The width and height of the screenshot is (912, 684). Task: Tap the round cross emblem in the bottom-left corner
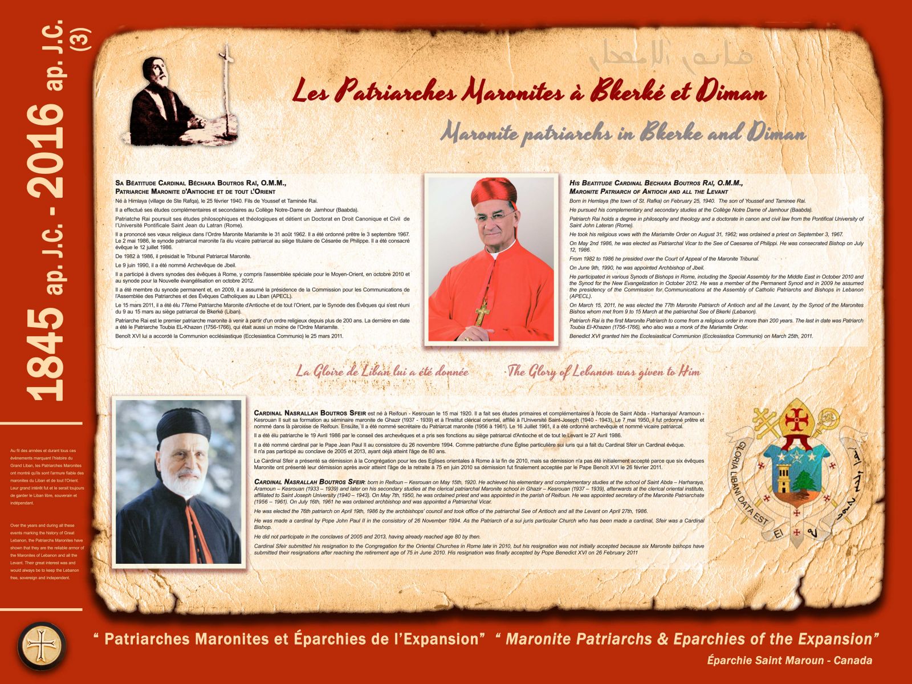tap(42, 645)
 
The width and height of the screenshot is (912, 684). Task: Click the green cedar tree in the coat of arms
tap(805, 483)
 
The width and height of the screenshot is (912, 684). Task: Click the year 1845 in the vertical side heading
tap(46, 354)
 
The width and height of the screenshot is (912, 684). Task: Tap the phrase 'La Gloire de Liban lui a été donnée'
tap(382, 372)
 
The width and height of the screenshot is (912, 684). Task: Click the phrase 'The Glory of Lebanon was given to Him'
tap(604, 372)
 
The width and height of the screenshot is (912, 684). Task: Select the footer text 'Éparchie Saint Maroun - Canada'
tap(789, 661)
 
